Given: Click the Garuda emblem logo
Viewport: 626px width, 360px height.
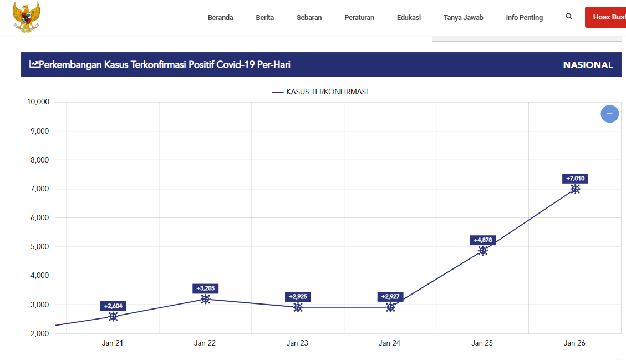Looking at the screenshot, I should click(26, 17).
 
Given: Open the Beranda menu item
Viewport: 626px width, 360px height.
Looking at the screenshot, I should click(220, 18).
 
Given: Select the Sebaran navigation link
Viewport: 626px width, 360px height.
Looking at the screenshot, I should click(309, 18).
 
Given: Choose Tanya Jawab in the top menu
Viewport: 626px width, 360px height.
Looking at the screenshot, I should click(463, 18).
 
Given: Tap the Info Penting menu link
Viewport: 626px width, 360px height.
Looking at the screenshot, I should click(524, 18).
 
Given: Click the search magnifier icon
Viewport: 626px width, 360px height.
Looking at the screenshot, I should click(569, 17).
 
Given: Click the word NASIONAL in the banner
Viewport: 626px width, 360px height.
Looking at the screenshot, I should click(588, 65).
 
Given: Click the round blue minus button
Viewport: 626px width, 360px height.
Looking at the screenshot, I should click(609, 114).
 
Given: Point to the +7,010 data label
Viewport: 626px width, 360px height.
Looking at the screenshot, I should click(575, 179).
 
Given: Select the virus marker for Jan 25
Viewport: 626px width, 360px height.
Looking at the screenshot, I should click(483, 251).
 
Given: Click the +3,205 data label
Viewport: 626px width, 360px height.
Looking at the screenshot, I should click(205, 288).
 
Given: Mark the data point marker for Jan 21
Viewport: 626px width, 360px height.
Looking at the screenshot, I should click(113, 317).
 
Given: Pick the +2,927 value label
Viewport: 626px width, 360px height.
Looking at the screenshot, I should click(390, 297).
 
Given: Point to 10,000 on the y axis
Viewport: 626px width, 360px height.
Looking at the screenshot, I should click(38, 102).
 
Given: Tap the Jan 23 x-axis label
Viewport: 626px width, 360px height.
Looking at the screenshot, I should click(297, 343).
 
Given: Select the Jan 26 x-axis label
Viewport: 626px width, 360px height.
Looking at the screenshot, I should click(574, 343).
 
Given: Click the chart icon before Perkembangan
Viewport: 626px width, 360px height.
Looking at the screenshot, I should click(34, 65).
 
